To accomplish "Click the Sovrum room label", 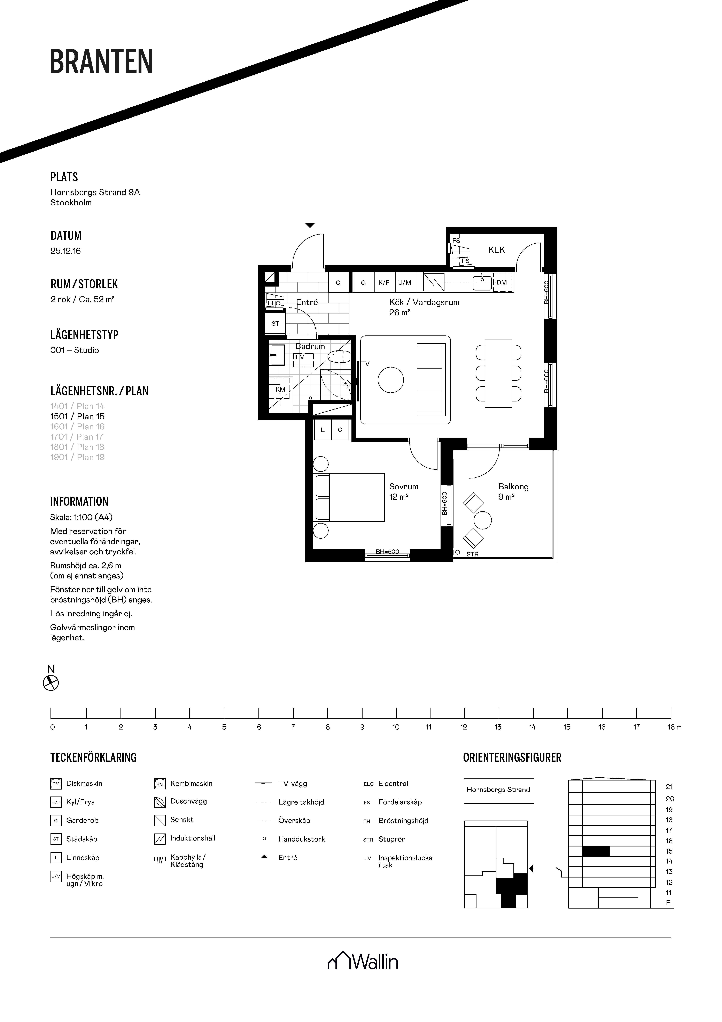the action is tap(403, 487).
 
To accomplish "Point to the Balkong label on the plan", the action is tap(513, 487).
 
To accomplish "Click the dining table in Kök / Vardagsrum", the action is tap(498, 373).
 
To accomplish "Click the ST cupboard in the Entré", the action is tap(275, 324).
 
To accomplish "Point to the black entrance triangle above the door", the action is tap(310, 225).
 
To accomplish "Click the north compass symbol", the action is tap(51, 683).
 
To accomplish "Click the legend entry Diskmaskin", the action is tap(84, 783).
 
